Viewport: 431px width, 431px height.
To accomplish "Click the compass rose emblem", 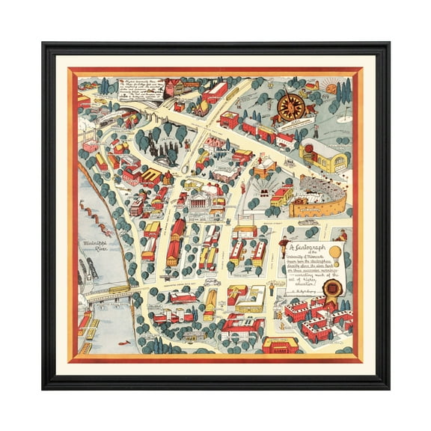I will [x=290, y=106].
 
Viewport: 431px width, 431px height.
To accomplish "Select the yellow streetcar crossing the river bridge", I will [x=117, y=288].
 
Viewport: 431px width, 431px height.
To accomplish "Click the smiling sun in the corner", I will [x=331, y=89].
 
